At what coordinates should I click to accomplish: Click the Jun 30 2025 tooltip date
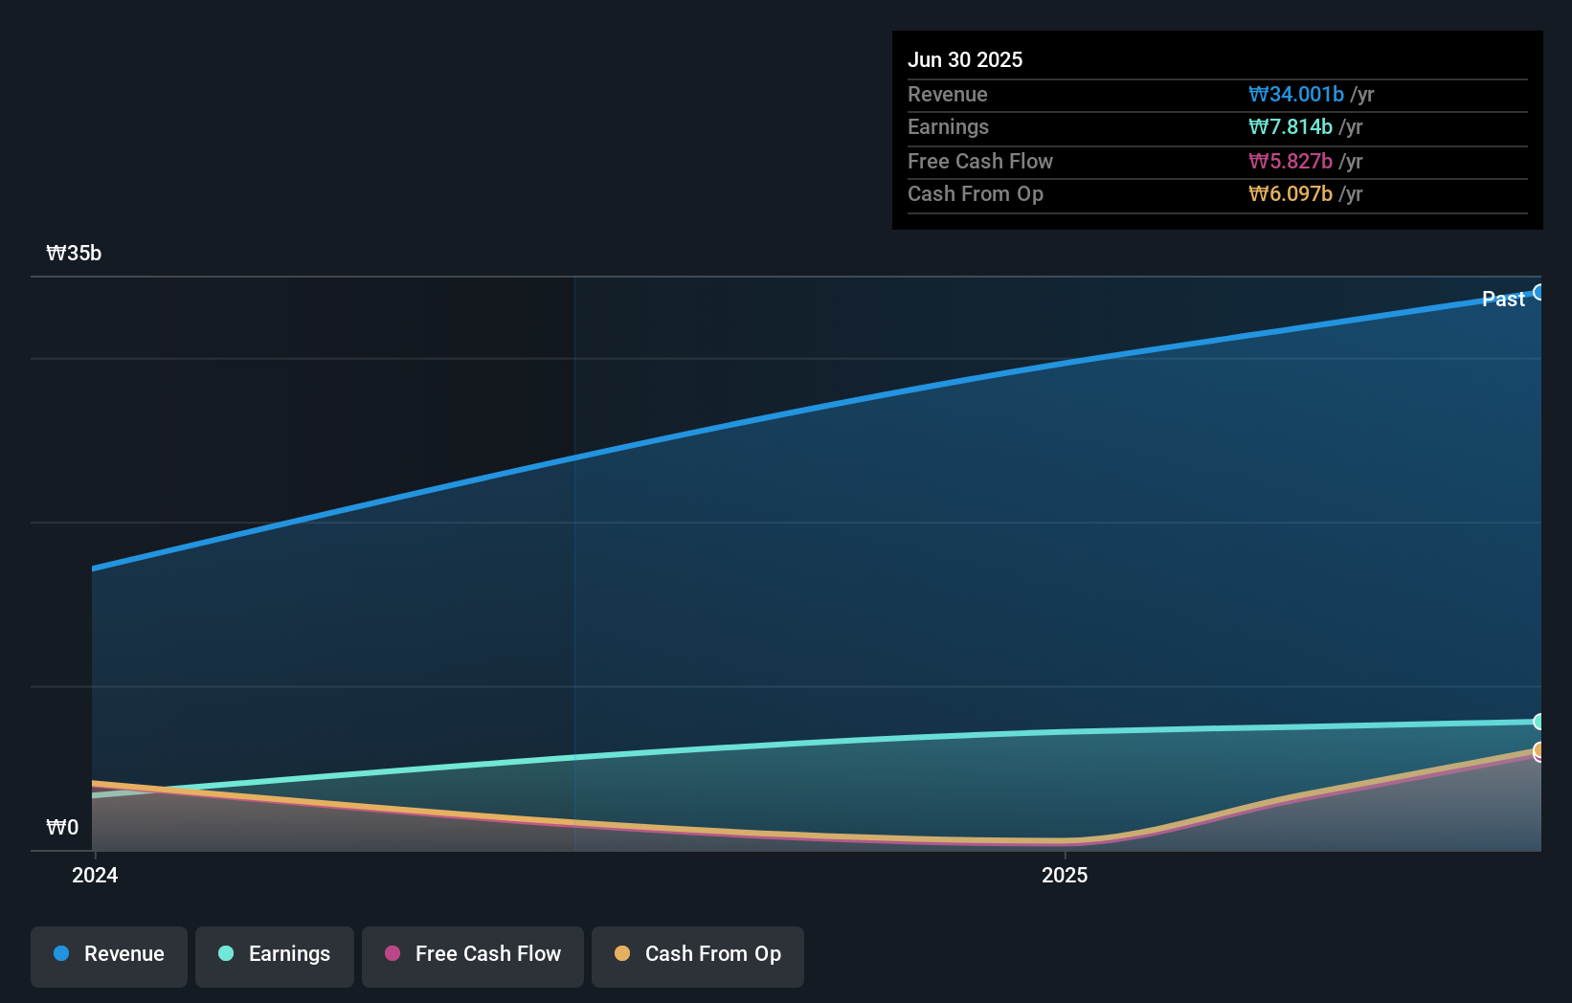964,59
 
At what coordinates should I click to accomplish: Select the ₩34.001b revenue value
1295,94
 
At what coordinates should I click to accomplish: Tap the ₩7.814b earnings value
1290,126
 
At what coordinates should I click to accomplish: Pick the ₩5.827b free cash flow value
1290,161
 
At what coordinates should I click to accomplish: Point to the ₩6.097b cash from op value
1290,193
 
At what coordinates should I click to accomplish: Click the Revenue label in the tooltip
947,94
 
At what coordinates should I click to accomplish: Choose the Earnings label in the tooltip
948,126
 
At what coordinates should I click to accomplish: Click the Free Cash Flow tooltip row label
979,161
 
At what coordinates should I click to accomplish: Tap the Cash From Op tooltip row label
975,193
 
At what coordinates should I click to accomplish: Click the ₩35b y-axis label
74,253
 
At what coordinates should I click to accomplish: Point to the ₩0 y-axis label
62,827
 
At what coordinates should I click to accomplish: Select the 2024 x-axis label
95,875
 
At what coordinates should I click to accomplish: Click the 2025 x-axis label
1064,875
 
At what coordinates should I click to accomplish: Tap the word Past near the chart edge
1502,299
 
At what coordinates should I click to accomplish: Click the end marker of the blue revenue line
1538,292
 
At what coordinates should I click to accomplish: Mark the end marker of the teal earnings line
1538,722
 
